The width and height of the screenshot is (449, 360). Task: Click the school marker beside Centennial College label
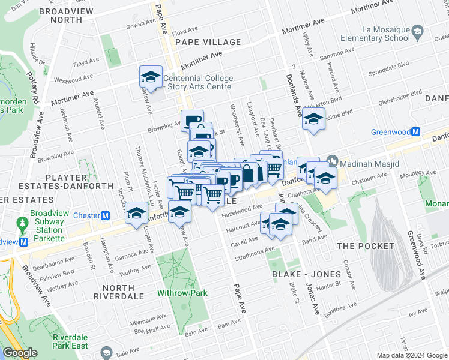pyautogui.click(x=151, y=77)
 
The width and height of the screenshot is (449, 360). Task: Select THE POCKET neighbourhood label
pyautogui.click(x=365, y=246)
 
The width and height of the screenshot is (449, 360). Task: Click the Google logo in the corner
pyautogui.click(x=20, y=353)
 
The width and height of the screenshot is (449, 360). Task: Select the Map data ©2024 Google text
pyautogui.click(x=412, y=355)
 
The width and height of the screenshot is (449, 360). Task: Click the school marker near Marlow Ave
pyautogui.click(x=313, y=119)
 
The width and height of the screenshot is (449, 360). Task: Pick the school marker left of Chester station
pyautogui.click(x=136, y=214)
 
